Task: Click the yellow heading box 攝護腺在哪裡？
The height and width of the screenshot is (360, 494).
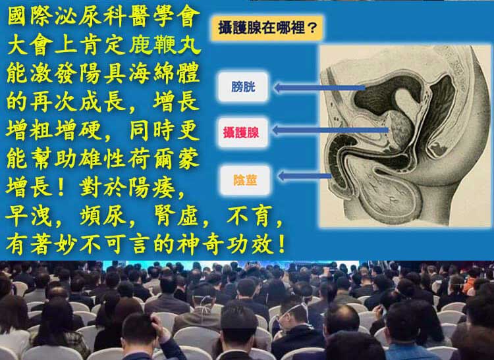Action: click(x=267, y=28)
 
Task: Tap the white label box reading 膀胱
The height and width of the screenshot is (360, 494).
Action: click(x=243, y=87)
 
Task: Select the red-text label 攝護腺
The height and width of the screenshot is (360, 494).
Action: click(x=243, y=132)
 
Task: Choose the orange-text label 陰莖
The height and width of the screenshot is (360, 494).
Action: click(x=245, y=180)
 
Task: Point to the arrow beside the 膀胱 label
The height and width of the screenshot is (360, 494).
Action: click(x=319, y=88)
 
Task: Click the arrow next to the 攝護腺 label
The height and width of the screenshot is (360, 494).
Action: click(x=330, y=130)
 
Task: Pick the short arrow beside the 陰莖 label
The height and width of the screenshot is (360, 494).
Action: click(x=305, y=176)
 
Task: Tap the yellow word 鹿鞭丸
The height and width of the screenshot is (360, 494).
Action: click(x=165, y=45)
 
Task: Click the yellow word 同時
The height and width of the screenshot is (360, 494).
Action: click(x=152, y=130)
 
